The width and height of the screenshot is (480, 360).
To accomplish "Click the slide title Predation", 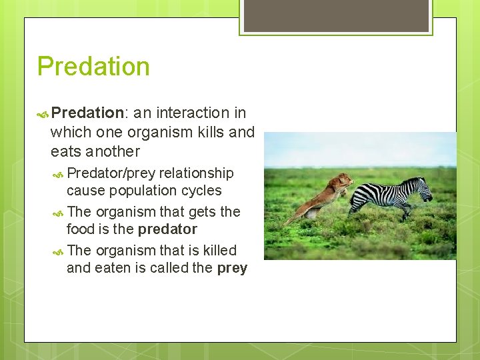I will point(93,67).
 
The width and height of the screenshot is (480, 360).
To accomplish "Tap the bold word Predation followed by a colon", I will point(84,113).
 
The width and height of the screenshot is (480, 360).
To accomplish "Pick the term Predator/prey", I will point(111,173).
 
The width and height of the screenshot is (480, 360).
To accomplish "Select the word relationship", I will point(197,173).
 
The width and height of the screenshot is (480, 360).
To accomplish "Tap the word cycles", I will point(200,191).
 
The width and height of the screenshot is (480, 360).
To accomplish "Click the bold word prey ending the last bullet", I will point(232,268).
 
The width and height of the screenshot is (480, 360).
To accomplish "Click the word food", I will point(80,229).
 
